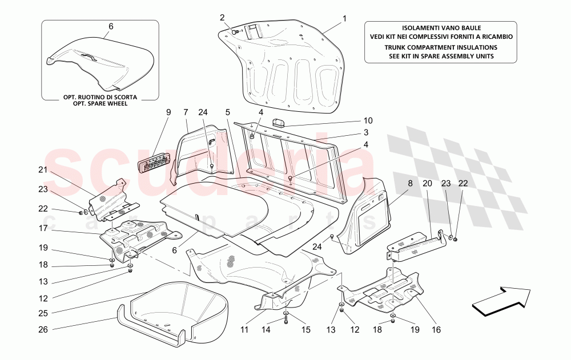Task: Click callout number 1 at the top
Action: pyautogui.click(x=345, y=18)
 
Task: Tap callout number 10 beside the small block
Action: pyautogui.click(x=368, y=120)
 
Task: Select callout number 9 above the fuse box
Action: pyautogui.click(x=168, y=112)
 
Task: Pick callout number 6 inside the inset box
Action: pyautogui.click(x=111, y=26)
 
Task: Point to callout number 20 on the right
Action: pyautogui.click(x=428, y=184)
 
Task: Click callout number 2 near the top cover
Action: pyautogui.click(x=222, y=17)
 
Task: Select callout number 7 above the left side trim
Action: pyautogui.click(x=186, y=112)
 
